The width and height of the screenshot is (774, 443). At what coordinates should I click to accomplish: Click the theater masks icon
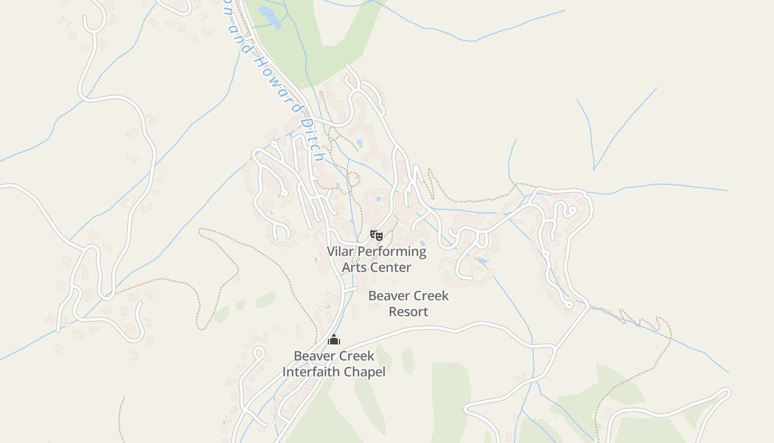pyautogui.click(x=376, y=235)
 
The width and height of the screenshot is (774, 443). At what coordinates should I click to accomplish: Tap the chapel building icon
pyautogui.click(x=334, y=339)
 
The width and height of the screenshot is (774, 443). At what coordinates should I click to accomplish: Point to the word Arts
pyautogui.click(x=353, y=267)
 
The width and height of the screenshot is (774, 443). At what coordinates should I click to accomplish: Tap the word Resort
pyautogui.click(x=408, y=312)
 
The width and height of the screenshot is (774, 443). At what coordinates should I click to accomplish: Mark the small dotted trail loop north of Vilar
pyautogui.click(x=354, y=179)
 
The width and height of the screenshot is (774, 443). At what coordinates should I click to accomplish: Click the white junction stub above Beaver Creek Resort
pyautogui.click(x=349, y=289)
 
